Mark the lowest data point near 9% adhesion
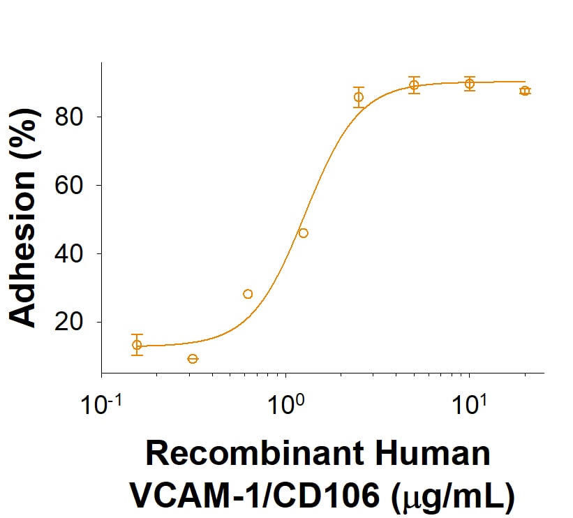coord(193,359)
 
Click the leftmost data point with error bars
coord(137,345)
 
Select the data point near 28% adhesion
coord(248,294)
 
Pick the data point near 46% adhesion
coord(303,233)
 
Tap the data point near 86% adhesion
coord(359,97)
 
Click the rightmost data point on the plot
coord(525,91)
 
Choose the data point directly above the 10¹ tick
coord(470,84)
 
